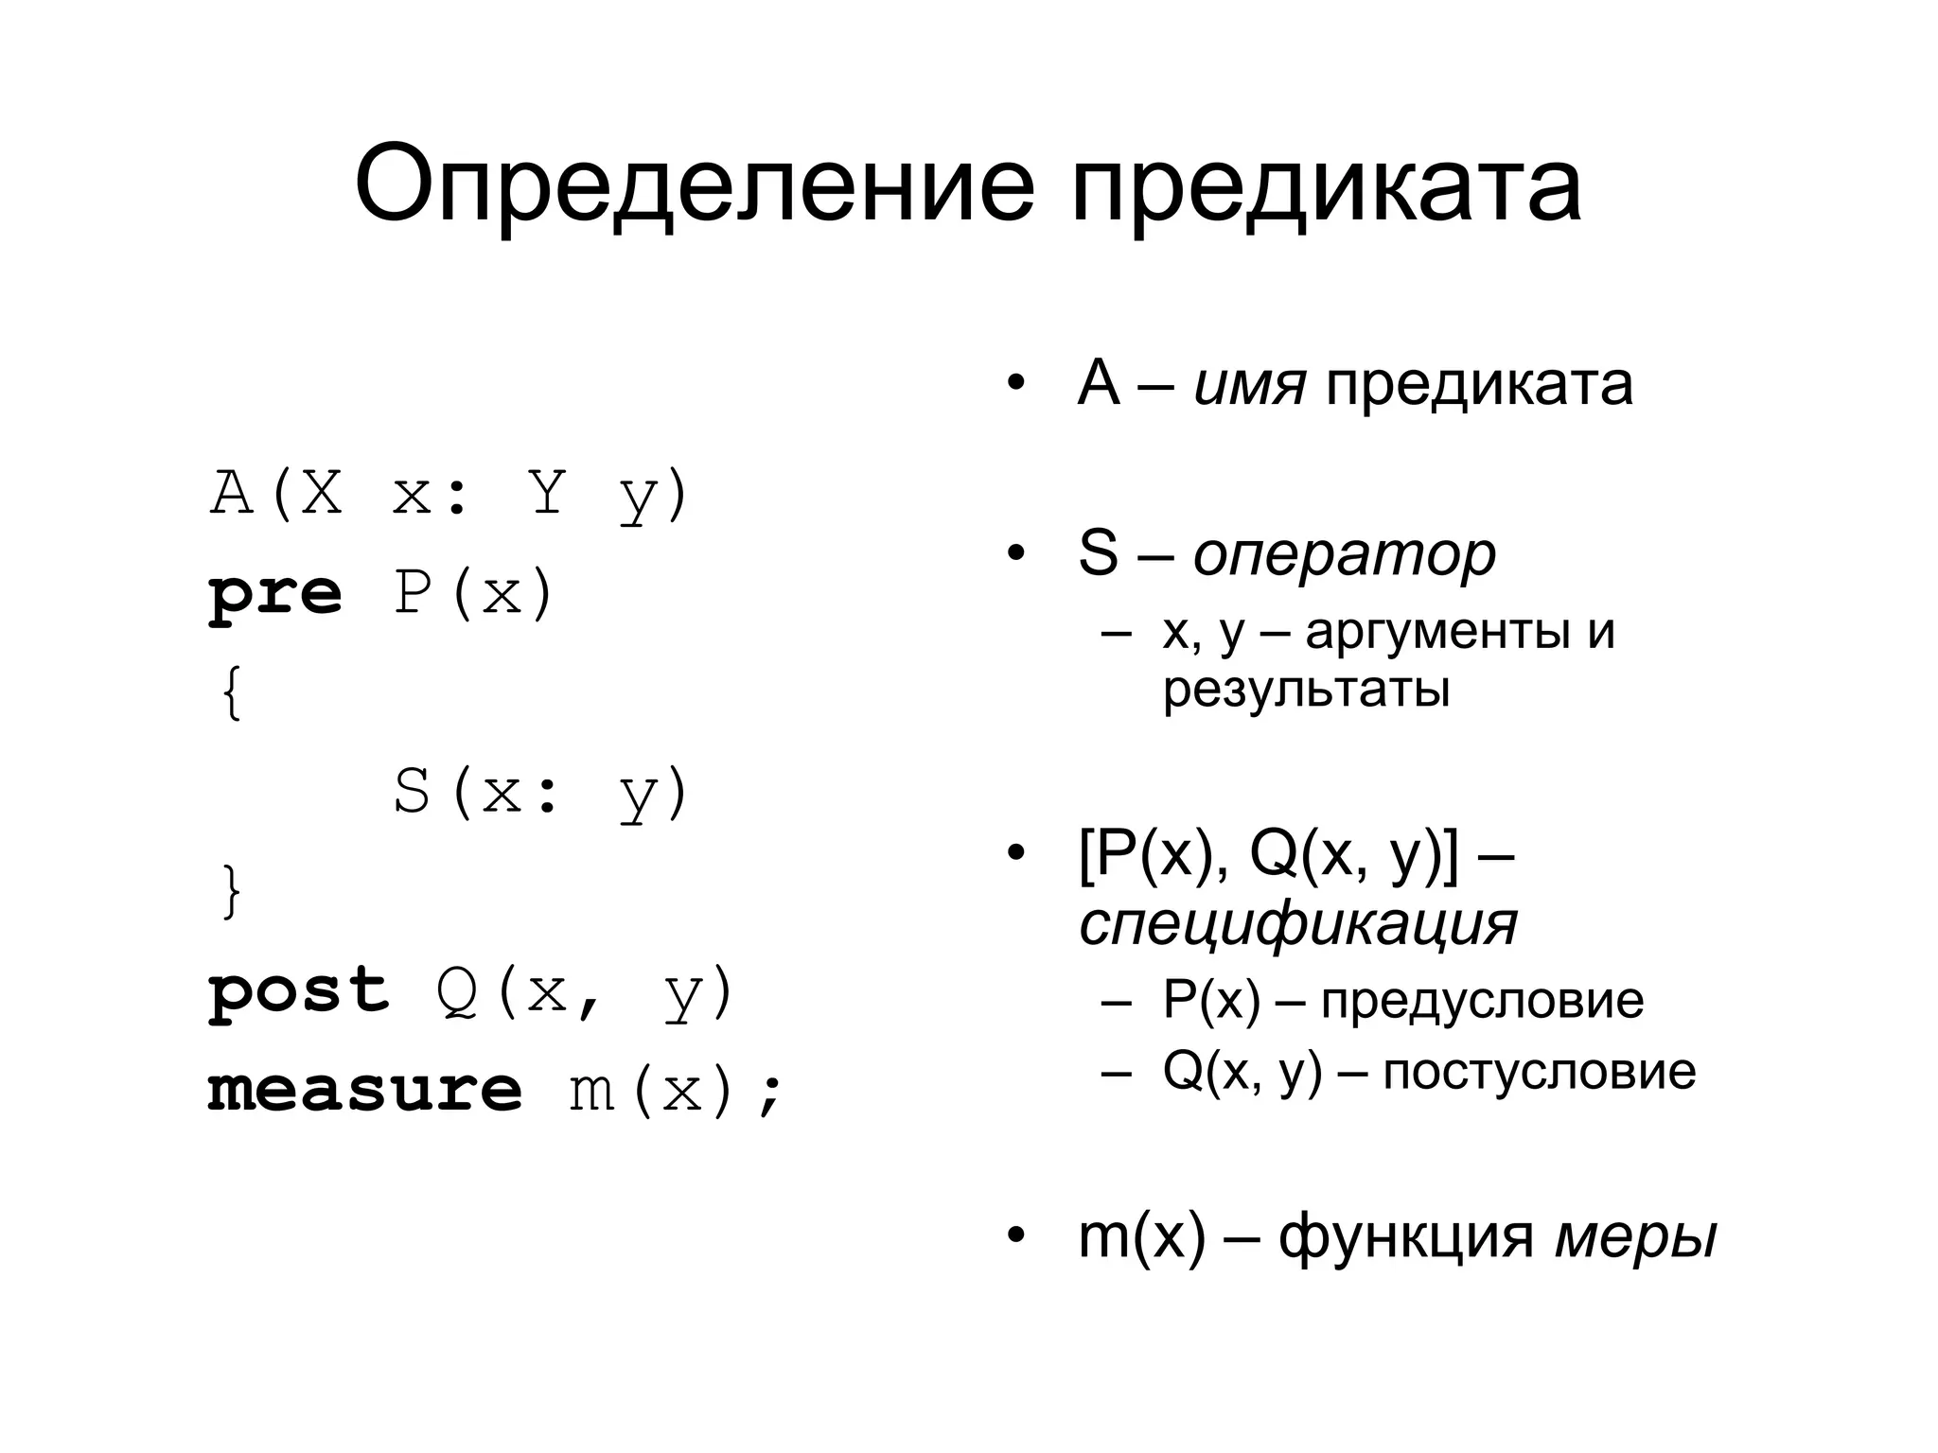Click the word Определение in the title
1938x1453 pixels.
[695, 184]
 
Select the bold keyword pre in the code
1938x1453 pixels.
[274, 595]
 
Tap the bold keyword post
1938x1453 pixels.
[298, 990]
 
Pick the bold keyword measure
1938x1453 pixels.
[364, 1090]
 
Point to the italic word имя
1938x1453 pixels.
[1249, 384]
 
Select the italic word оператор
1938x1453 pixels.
[1344, 554]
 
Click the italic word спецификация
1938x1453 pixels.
[1297, 923]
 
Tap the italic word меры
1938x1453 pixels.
[1635, 1235]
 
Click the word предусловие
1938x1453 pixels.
[1482, 1000]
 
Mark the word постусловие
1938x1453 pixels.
[1539, 1072]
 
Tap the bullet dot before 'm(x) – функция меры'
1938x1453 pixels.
[1015, 1235]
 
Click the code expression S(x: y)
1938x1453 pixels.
[540, 793]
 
